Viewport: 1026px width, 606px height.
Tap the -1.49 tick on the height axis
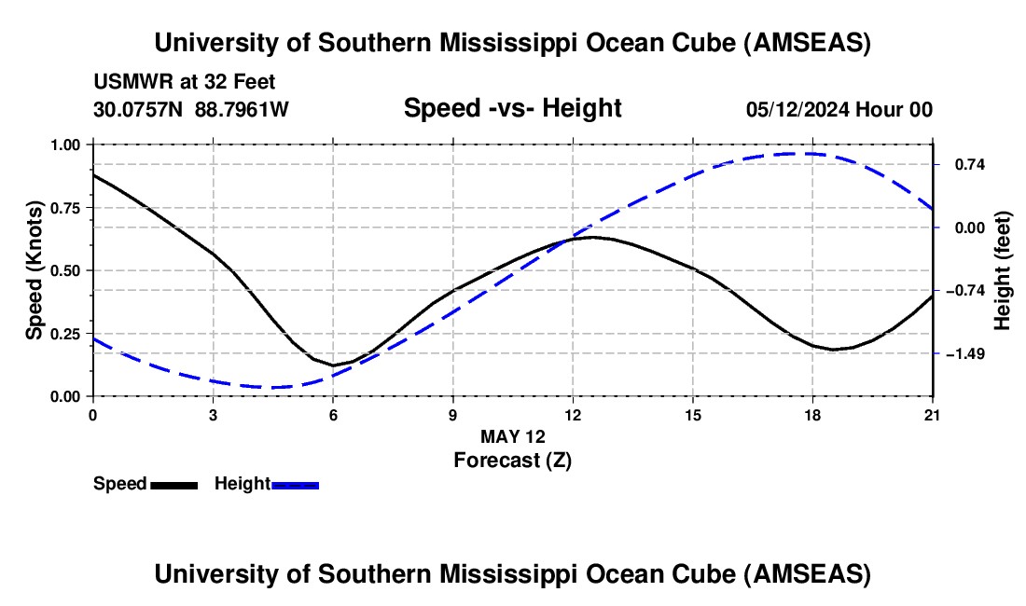pyautogui.click(x=964, y=353)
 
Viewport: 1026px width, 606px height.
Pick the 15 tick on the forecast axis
pyautogui.click(x=693, y=414)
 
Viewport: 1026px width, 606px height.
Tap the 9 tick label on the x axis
pyautogui.click(x=453, y=414)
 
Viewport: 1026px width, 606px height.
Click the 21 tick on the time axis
pyautogui.click(x=933, y=414)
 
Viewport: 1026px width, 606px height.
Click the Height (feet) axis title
pyautogui.click(x=1003, y=270)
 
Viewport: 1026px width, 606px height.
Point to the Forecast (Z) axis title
pyautogui.click(x=512, y=460)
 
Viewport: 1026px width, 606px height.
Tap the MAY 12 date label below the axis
pyautogui.click(x=512, y=436)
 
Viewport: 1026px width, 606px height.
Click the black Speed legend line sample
pyautogui.click(x=173, y=484)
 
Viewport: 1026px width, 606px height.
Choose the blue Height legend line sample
pyautogui.click(x=296, y=484)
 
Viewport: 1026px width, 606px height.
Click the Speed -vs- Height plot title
pyautogui.click(x=512, y=108)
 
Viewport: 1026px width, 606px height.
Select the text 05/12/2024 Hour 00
pyautogui.click(x=839, y=109)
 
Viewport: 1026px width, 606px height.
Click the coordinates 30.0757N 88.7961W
pyautogui.click(x=191, y=109)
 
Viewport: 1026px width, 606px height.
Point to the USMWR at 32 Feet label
pyautogui.click(x=185, y=83)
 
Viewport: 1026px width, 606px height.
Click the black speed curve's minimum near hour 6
pyautogui.click(x=333, y=365)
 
